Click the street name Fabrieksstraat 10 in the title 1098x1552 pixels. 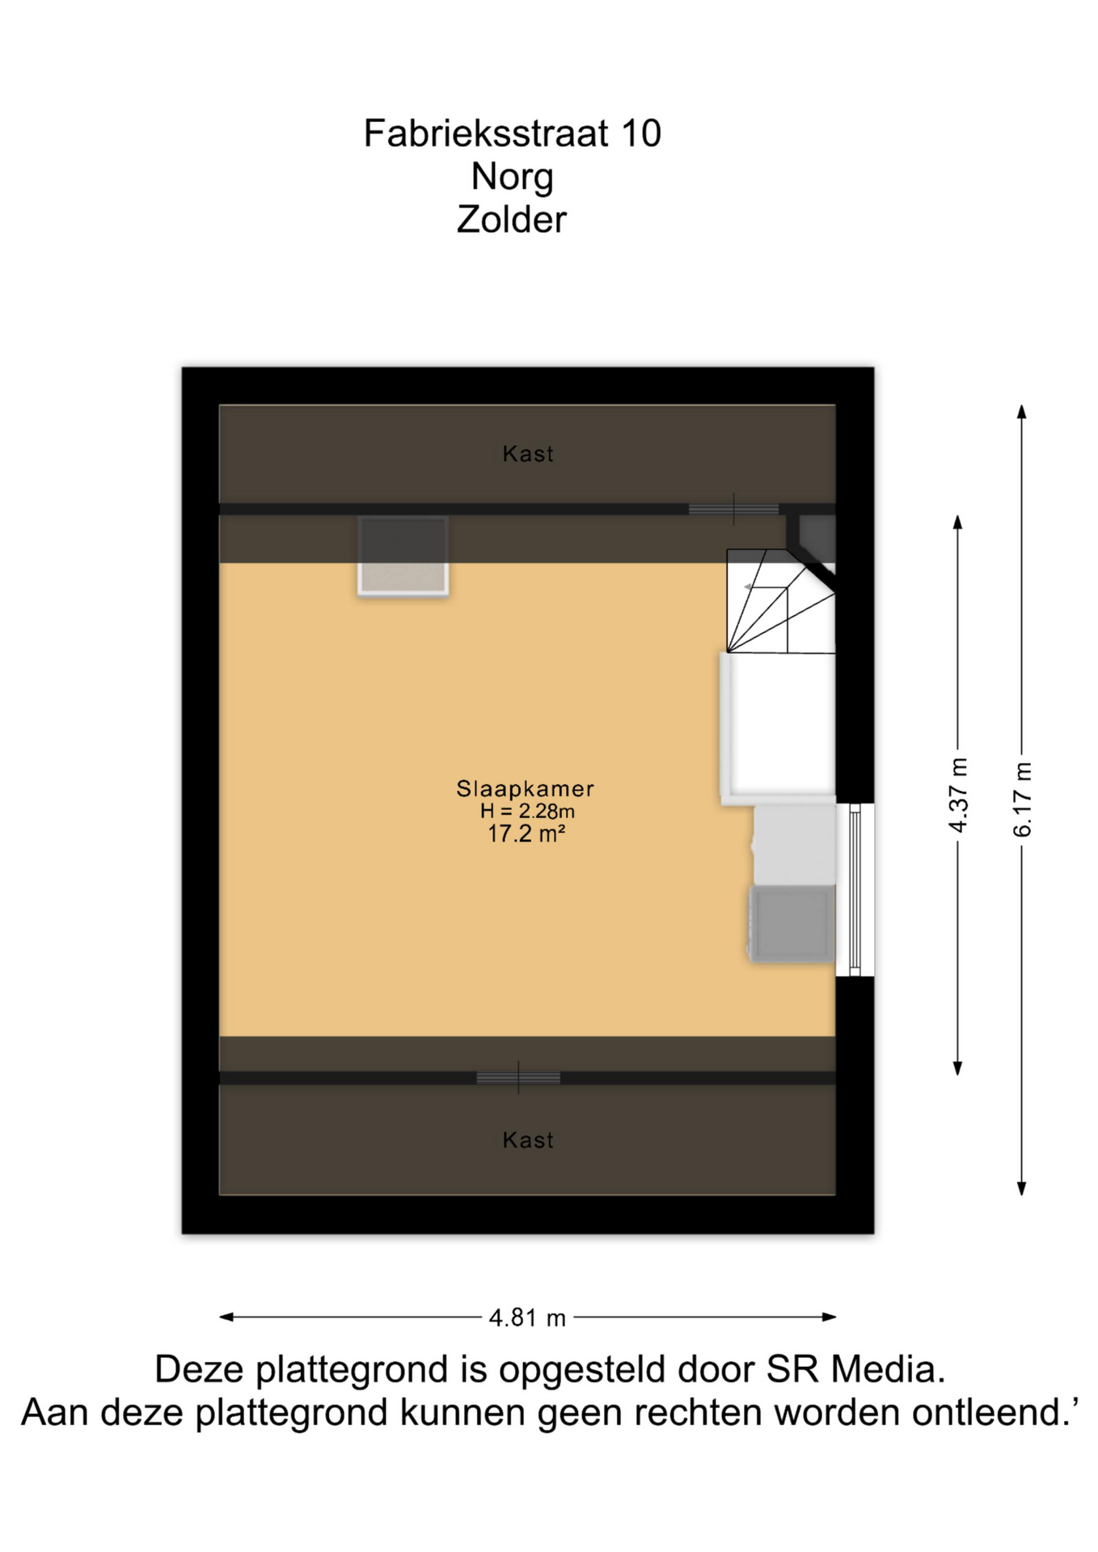coord(512,133)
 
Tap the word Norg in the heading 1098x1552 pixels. coord(512,177)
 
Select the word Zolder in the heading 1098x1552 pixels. coord(512,220)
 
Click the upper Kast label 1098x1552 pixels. coord(528,453)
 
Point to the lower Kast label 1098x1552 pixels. coord(528,1140)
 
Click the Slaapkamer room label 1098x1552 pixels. coord(526,788)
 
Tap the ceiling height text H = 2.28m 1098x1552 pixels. coord(527,811)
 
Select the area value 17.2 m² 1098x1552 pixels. coord(526,833)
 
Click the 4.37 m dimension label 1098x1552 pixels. coord(958,795)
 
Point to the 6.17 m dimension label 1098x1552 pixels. coord(1022,799)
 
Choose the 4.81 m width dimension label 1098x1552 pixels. coord(527,1318)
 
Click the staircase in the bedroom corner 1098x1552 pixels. coord(780,601)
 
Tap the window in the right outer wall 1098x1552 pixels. coord(855,889)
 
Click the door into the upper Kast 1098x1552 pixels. coord(733,509)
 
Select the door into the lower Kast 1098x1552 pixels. coord(518,1078)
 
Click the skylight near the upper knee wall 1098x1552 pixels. coord(403,556)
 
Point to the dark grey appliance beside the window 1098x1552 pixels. coord(792,923)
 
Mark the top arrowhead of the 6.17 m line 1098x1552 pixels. coord(1022,411)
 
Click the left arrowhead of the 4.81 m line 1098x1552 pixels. coord(227,1317)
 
